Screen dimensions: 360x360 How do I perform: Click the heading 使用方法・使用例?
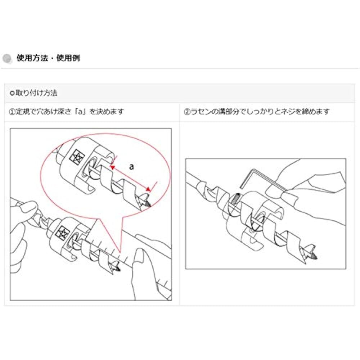48,58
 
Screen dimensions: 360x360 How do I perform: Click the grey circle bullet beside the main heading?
7,58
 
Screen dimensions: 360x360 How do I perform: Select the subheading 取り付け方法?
36,93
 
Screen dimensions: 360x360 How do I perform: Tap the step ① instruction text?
66,112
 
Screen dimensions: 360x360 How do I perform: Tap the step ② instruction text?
257,112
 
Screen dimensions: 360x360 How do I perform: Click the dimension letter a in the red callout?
131,166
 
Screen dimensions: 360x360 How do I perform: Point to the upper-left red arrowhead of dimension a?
112,167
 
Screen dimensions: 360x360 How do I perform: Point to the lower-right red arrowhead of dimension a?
148,189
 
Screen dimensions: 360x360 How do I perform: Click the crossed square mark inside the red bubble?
77,157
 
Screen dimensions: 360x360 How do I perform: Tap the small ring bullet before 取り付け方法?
12,93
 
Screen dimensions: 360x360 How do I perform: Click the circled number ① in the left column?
12,112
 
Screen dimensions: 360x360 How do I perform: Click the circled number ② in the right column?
187,112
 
